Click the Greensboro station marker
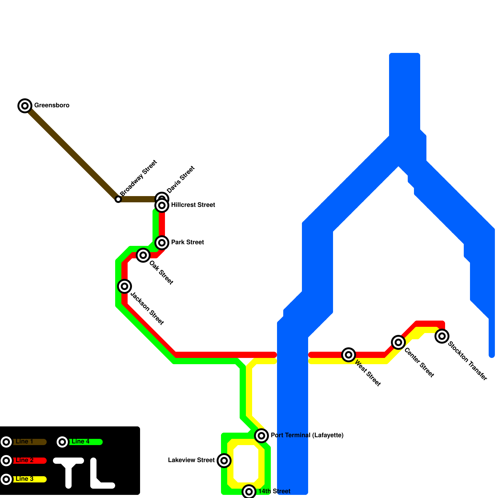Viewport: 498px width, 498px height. coord(25,106)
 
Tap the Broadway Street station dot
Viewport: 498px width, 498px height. coord(118,199)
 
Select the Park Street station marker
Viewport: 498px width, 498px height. coord(162,243)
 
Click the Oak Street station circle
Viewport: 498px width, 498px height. coord(143,255)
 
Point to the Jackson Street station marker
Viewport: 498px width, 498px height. coord(125,286)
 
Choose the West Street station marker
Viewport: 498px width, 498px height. coord(349,355)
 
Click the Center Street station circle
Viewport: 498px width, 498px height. coord(398,342)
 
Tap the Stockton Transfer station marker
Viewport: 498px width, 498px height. coord(442,336)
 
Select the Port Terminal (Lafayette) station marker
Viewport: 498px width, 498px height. coord(261,436)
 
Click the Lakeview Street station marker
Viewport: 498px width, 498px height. coord(224,461)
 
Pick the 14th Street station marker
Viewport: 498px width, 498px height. coord(249,492)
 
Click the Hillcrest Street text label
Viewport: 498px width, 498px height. coord(193,205)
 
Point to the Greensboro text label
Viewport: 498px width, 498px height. coord(52,106)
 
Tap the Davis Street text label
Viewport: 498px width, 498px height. coord(181,180)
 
